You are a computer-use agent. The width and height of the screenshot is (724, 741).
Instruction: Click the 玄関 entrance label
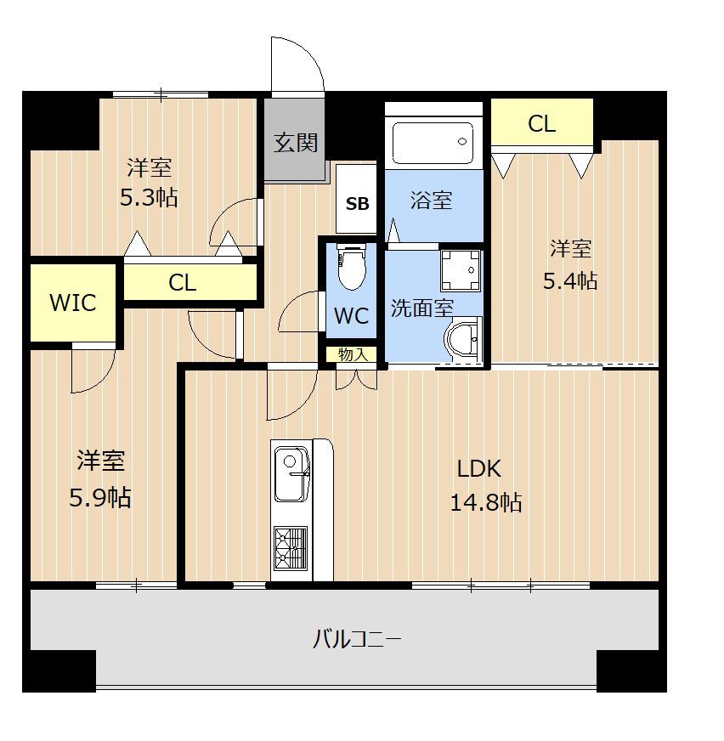click(296, 143)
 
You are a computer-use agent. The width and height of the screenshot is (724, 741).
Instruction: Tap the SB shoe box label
click(357, 204)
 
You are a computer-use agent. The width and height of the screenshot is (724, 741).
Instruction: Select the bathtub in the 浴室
click(433, 142)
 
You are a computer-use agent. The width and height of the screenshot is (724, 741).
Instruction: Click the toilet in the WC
click(352, 266)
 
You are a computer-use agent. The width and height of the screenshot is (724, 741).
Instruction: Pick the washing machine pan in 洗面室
click(461, 270)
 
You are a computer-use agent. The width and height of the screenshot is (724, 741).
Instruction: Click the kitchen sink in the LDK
click(291, 473)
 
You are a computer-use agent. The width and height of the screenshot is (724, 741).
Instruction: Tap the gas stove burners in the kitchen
click(291, 548)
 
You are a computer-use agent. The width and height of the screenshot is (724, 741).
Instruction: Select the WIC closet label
click(73, 303)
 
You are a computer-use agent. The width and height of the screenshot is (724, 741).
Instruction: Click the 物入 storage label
click(353, 354)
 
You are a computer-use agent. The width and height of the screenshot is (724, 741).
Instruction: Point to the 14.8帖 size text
click(486, 502)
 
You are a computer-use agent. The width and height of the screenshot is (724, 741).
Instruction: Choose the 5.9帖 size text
click(100, 497)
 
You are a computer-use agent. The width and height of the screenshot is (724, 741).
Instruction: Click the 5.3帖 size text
click(149, 197)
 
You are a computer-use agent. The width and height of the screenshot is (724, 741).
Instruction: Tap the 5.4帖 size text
click(570, 281)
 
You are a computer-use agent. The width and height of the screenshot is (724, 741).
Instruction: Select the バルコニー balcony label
click(357, 640)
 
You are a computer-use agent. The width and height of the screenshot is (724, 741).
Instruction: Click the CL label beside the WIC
click(183, 283)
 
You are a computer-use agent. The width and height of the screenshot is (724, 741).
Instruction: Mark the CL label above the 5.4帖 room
click(541, 124)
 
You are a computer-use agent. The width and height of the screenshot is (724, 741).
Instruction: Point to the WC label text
click(351, 315)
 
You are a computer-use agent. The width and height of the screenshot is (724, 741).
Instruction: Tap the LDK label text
click(479, 469)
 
